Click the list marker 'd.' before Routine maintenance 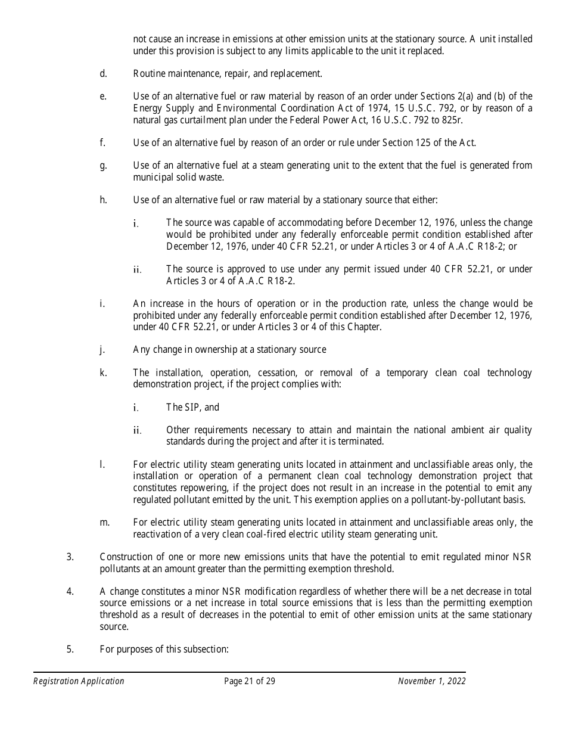coord(103,74)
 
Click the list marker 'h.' coord(103,200)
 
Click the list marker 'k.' coord(103,372)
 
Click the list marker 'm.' coord(104,523)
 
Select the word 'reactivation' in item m coord(156,534)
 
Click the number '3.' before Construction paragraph coord(70,557)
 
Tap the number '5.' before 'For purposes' coord(70,650)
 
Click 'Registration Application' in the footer coord(79,681)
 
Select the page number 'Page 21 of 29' coord(250,681)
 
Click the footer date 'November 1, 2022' coord(431,681)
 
